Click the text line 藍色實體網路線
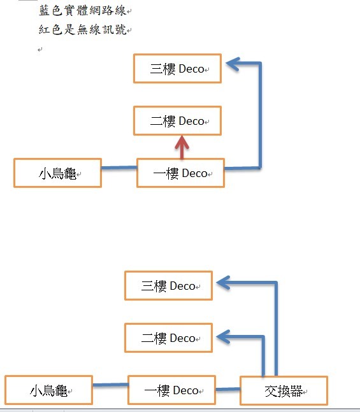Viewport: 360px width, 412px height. (x=82, y=11)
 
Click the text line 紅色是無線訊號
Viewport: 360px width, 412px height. (x=82, y=29)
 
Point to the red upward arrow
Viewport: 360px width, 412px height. (x=182, y=147)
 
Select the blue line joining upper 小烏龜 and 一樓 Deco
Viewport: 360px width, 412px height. (x=119, y=167)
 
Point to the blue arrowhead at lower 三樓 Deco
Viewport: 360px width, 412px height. (x=224, y=283)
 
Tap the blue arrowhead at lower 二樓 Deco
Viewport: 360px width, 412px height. (x=224, y=337)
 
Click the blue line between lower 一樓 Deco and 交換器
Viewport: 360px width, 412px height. (x=228, y=389)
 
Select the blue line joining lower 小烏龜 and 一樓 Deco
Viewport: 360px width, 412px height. (x=110, y=385)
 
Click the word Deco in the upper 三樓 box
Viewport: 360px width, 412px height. (x=191, y=69)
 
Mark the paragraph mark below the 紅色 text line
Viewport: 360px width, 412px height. (x=40, y=50)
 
